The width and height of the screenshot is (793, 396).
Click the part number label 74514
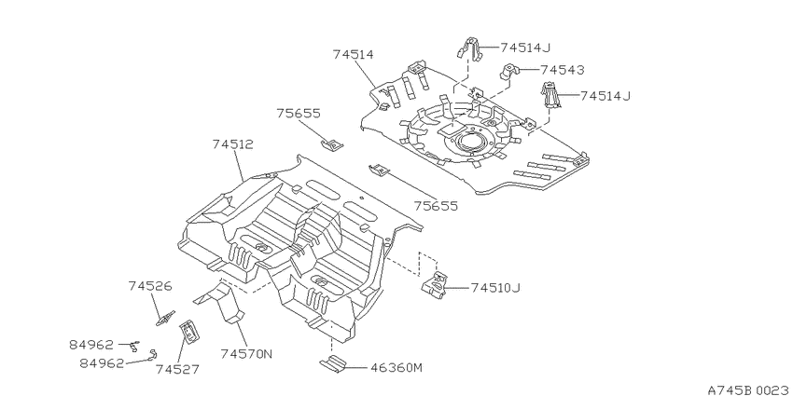coord(353,55)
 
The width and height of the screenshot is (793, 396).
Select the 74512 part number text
coord(232,144)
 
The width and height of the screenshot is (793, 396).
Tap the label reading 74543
coord(562,70)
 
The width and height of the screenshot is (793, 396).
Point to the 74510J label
coord(495,288)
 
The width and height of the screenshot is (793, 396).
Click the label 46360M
coord(396,368)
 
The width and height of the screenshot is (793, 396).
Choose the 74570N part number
coord(246,354)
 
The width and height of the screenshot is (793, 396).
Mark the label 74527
coord(177,370)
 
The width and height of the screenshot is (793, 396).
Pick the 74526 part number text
coord(149,286)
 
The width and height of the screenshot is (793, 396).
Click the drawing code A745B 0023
coord(749,389)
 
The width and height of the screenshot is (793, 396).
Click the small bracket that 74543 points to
coord(509,71)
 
